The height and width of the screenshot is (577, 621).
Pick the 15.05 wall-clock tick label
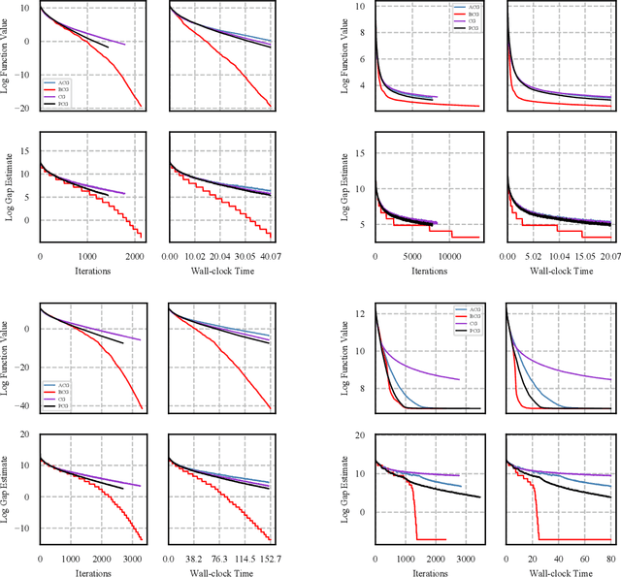coord(577,256)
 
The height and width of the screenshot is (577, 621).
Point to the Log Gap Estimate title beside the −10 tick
coord(9,486)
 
